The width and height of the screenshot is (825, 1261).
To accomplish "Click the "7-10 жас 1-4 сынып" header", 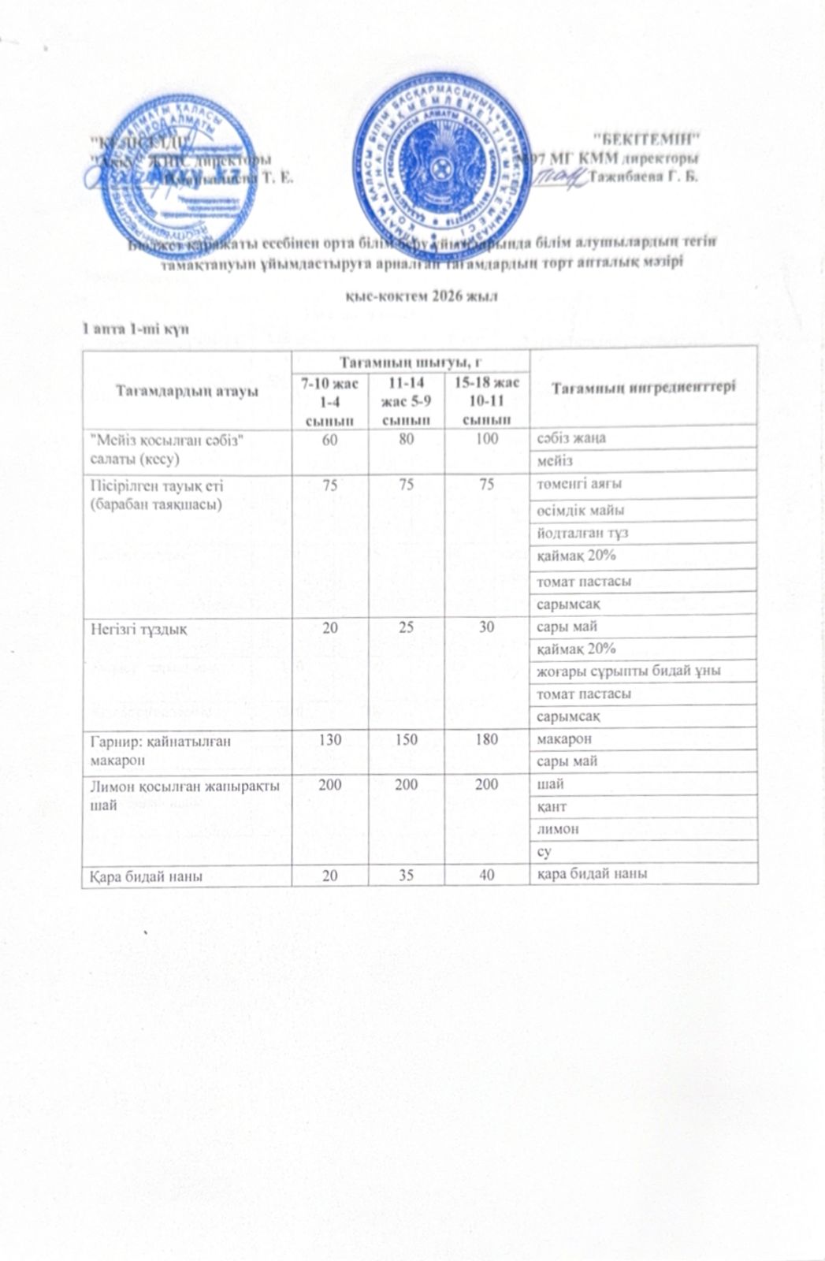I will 329,401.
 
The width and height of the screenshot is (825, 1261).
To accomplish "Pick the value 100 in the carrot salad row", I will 487,438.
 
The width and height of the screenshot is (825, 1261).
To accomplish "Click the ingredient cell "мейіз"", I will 555,459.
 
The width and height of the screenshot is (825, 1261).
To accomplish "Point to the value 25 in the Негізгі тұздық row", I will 407,627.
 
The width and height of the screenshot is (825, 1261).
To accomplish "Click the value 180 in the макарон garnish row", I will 487,740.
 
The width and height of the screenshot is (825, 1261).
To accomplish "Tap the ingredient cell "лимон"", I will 558,829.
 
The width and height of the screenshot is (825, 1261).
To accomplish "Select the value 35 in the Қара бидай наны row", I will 407,873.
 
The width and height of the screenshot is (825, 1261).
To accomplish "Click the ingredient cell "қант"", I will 552,806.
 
